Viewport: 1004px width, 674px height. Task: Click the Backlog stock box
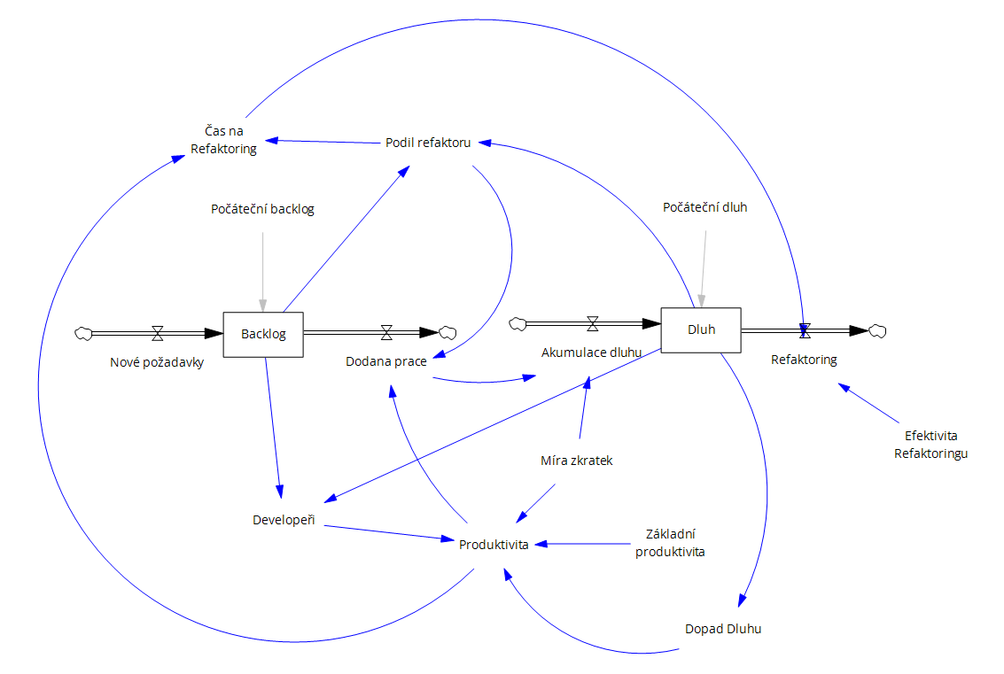click(262, 334)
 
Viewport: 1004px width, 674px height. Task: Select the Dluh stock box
click(701, 329)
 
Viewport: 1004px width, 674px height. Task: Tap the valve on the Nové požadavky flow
click(158, 333)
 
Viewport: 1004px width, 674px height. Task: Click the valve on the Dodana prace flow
click(386, 333)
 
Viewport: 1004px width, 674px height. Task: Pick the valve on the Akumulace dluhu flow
click(593, 323)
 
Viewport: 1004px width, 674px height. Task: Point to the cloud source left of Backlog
click(83, 333)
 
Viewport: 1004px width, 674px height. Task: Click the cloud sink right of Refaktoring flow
click(877, 330)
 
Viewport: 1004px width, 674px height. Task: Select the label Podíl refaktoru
click(428, 142)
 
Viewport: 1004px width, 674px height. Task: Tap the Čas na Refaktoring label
click(223, 140)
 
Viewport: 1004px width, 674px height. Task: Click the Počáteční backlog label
click(262, 209)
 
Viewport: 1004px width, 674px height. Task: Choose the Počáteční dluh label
click(705, 207)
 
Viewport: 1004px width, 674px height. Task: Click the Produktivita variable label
click(494, 544)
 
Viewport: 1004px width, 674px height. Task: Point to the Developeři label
click(284, 519)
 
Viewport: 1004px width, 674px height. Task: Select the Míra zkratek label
click(577, 461)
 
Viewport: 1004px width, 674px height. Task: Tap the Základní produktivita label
click(670, 542)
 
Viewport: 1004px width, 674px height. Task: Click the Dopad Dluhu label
click(723, 629)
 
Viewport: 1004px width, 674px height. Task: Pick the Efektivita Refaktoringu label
click(930, 445)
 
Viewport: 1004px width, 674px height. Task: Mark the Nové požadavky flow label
click(157, 362)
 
